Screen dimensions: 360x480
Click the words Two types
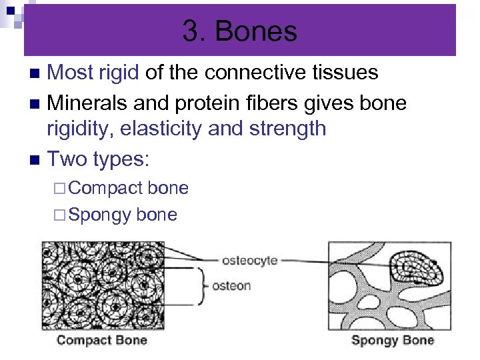[x=98, y=159]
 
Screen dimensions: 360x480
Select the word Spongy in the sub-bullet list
[x=99, y=215]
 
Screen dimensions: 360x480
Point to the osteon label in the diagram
[x=231, y=286]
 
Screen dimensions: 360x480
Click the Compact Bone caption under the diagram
[x=101, y=340]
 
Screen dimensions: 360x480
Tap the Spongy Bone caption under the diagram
[x=392, y=340]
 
